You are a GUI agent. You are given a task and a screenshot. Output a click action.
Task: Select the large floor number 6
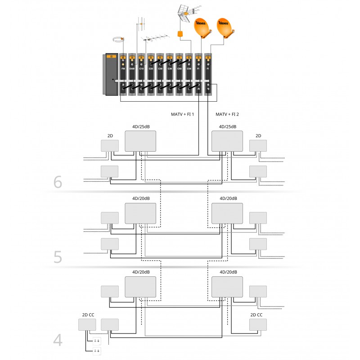[58, 182]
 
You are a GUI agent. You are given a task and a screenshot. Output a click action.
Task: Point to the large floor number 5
[58, 256]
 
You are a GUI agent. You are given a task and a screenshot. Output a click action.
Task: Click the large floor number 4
[58, 340]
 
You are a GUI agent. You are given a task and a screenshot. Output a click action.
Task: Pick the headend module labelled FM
[123, 75]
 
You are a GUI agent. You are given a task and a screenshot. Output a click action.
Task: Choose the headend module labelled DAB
[132, 75]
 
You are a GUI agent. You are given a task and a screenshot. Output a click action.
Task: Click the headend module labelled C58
[189, 75]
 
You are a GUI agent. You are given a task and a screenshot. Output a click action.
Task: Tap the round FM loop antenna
[118, 40]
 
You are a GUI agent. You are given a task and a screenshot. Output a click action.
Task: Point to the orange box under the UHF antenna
[180, 34]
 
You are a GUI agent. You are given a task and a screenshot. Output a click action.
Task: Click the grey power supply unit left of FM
[111, 75]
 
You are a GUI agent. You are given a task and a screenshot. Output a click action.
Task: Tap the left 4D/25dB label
[140, 127]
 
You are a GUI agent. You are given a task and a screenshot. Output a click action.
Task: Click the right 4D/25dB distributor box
[227, 141]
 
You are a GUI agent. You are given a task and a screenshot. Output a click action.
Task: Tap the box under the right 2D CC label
[258, 324]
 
